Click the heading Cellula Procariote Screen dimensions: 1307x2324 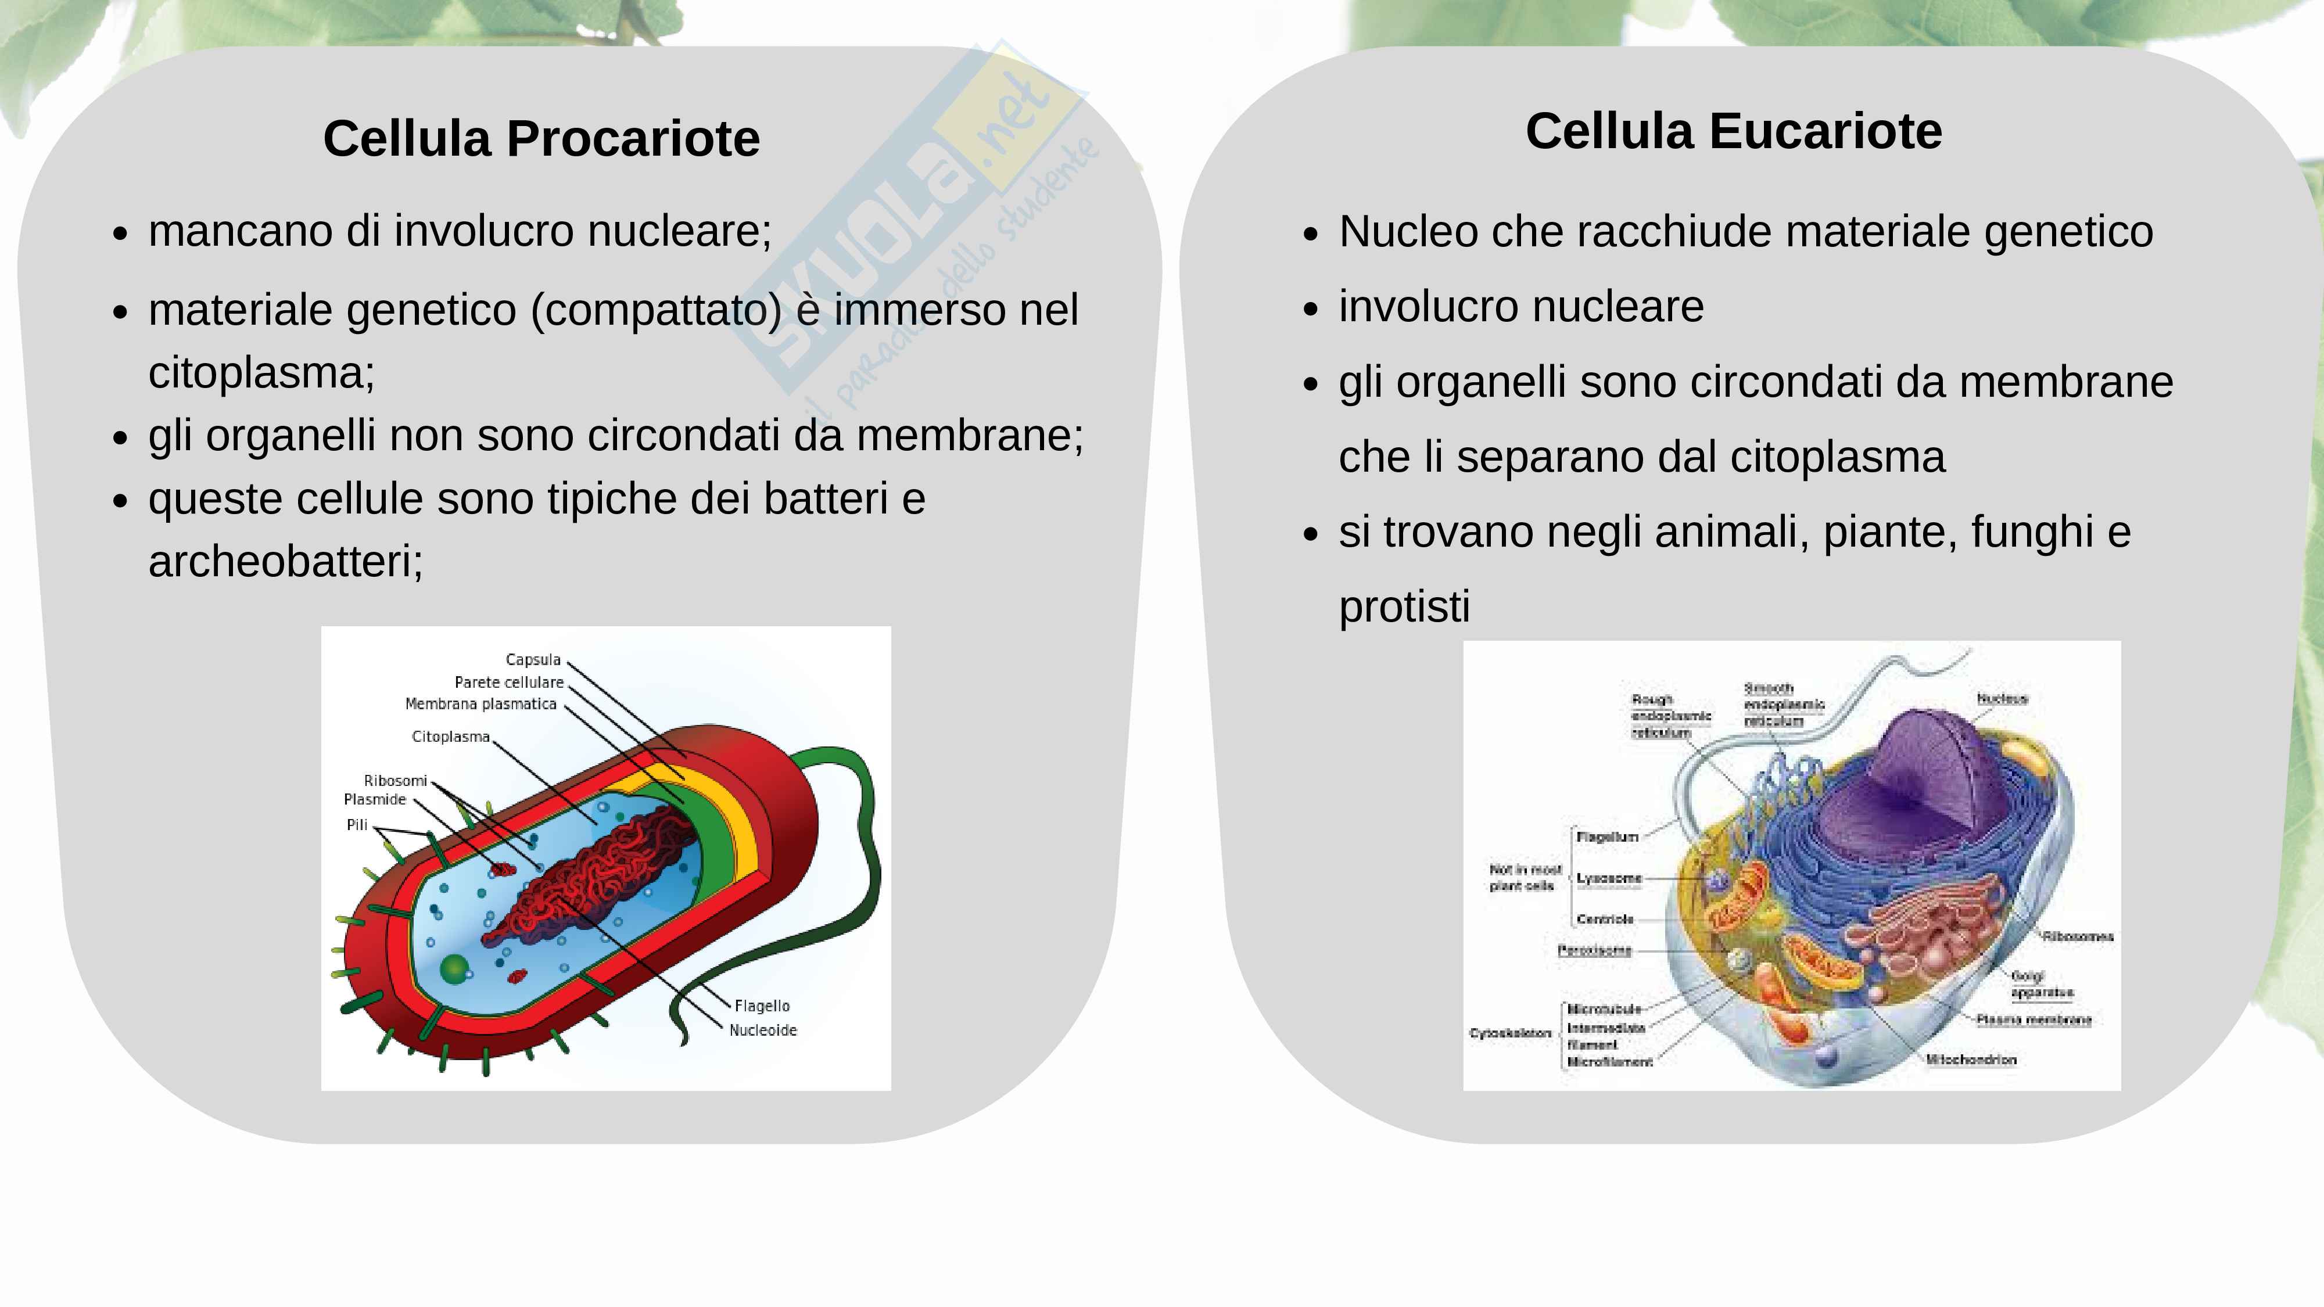pos(541,138)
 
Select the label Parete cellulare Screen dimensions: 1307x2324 pos(509,683)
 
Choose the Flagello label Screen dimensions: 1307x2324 pos(762,1006)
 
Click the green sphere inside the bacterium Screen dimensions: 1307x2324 pos(454,970)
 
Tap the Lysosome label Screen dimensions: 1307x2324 pos(1609,878)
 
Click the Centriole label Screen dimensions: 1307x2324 pos(1605,919)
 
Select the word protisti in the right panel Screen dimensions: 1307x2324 pos(1404,607)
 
